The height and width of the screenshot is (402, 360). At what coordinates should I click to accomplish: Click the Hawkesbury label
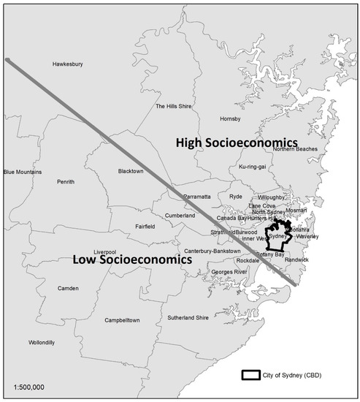click(x=67, y=64)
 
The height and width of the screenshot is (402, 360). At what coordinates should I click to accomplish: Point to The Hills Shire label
click(x=174, y=106)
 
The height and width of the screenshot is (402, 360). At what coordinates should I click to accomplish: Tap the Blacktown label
click(x=131, y=171)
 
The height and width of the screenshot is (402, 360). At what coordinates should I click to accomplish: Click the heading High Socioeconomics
click(x=237, y=142)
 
